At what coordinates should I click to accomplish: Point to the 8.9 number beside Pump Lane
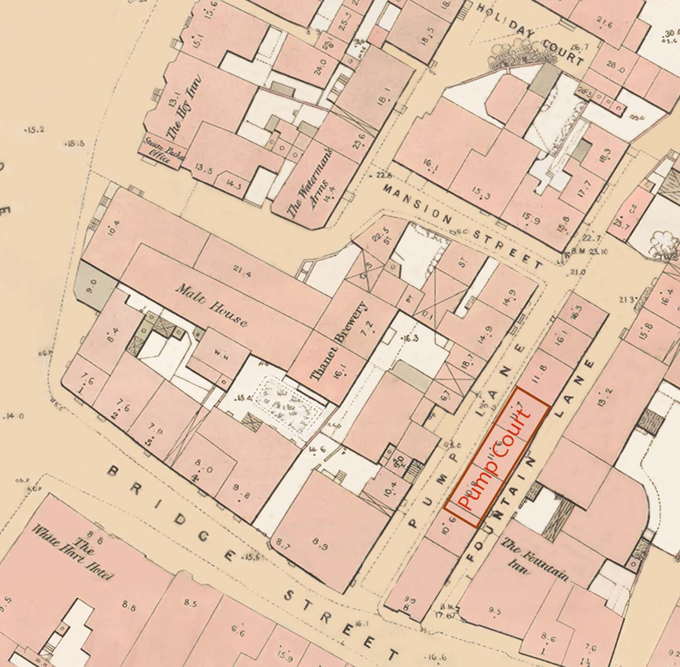tap(321, 546)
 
